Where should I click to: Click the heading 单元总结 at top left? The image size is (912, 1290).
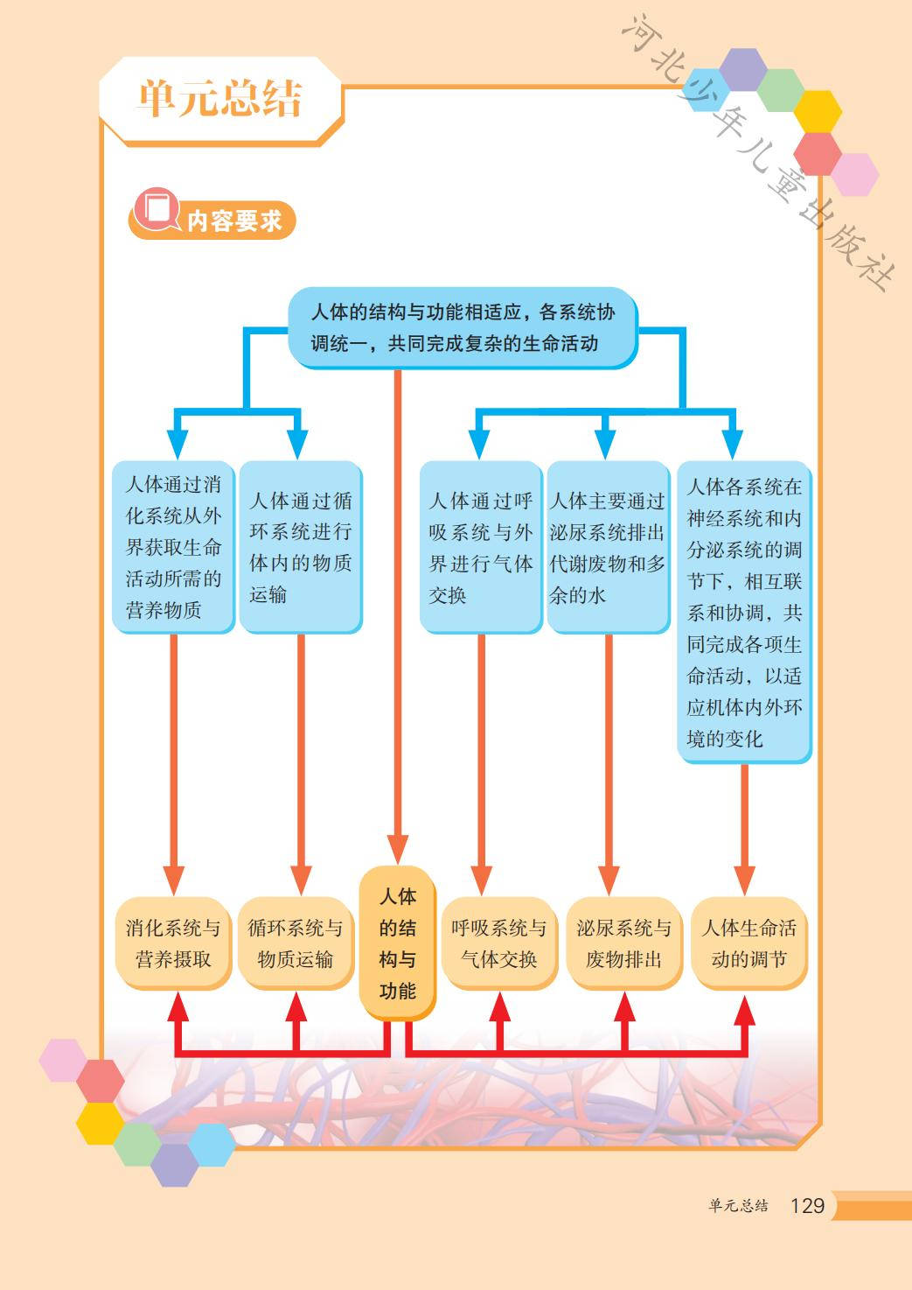[219, 98]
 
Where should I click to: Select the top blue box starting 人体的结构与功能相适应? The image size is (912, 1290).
[463, 326]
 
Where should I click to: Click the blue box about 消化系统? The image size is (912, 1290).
[173, 547]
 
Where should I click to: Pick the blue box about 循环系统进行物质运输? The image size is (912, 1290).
[300, 547]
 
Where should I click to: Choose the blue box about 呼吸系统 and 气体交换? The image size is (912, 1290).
[480, 547]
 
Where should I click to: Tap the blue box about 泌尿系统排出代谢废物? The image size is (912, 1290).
[607, 547]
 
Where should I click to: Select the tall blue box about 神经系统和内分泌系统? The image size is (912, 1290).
[743, 612]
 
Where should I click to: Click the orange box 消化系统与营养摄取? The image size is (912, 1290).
[173, 943]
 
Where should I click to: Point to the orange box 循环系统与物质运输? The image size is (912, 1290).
[296, 943]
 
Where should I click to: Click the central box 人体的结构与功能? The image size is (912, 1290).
[397, 943]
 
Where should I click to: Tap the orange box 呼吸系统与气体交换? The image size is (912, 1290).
[498, 943]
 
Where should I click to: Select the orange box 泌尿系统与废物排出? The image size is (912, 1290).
[623, 943]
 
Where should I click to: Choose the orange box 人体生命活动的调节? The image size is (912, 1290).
[748, 943]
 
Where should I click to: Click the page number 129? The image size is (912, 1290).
[806, 1206]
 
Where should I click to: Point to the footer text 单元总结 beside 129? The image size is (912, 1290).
[738, 1206]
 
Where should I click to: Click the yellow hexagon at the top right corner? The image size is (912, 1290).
[817, 111]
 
